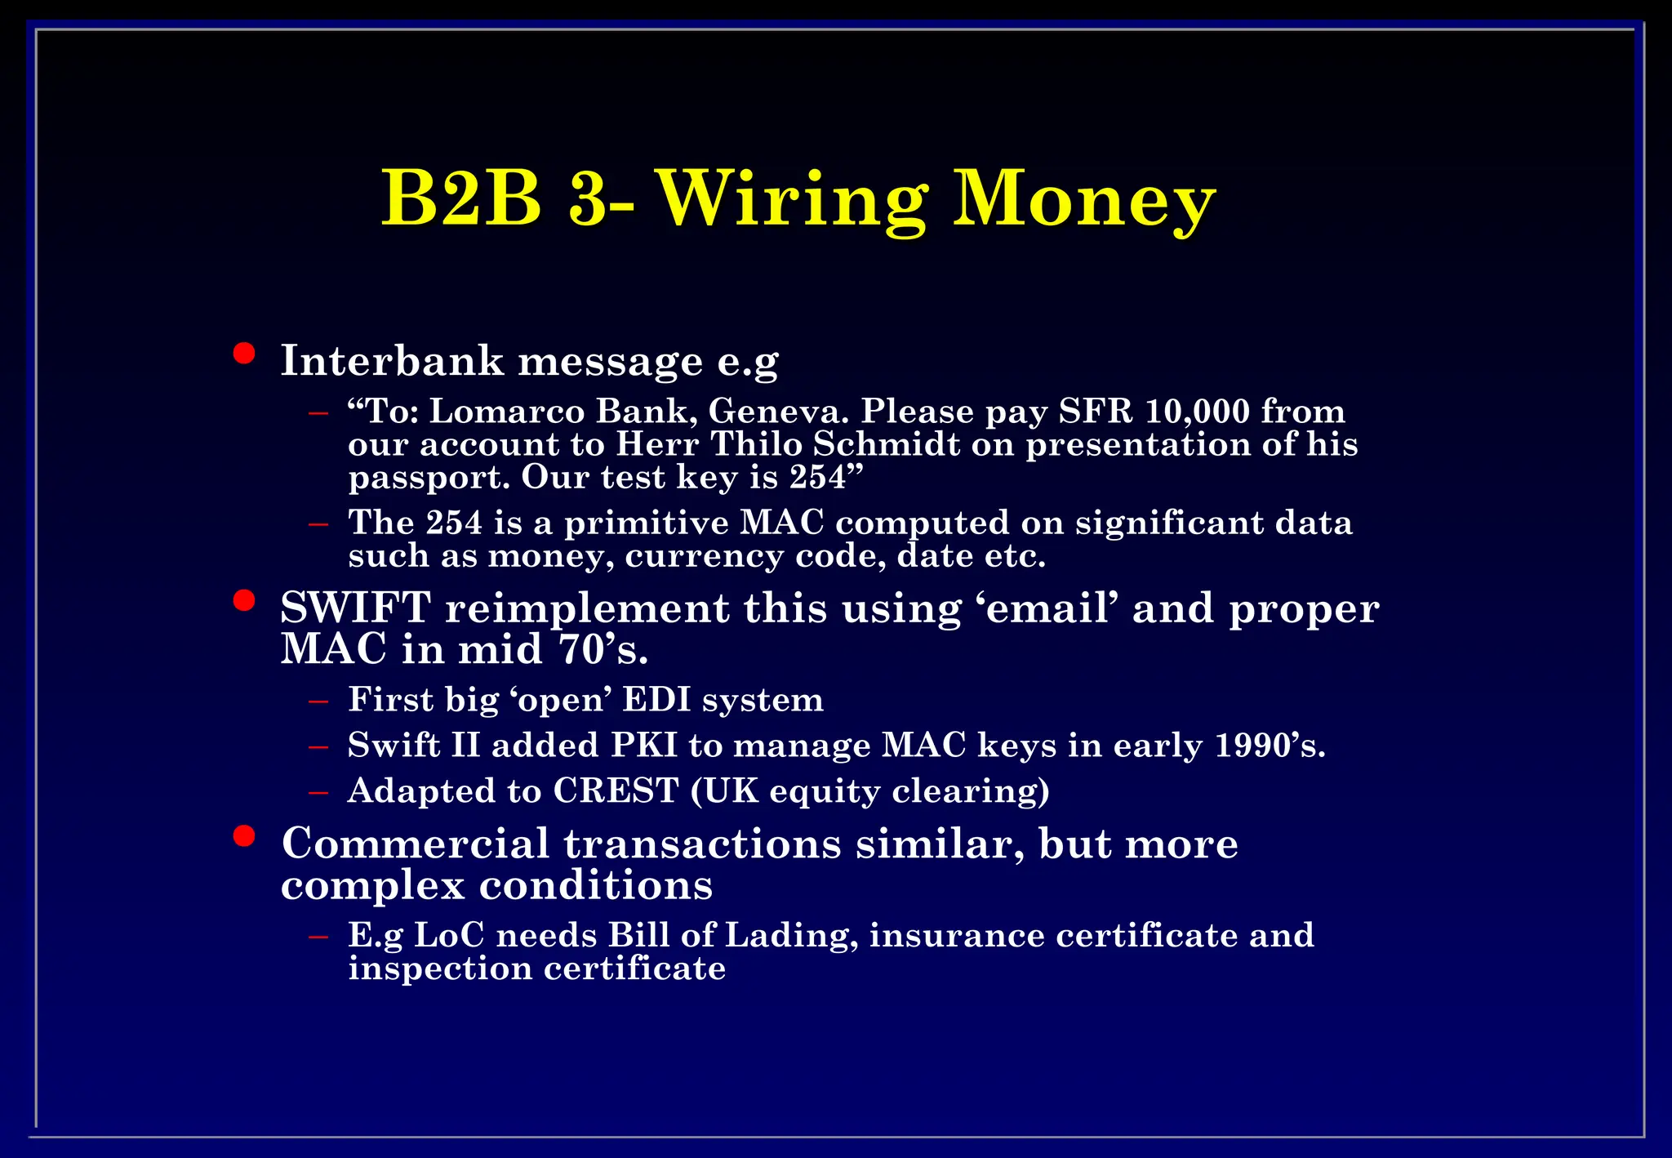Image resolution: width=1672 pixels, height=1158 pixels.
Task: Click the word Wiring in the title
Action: point(792,200)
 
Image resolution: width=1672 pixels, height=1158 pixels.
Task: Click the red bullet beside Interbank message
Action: point(243,354)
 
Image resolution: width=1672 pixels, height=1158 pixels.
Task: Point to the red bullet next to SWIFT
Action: point(243,601)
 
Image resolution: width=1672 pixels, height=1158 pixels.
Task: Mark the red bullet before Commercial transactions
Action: point(243,836)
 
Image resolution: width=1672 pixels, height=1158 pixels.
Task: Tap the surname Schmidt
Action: point(886,444)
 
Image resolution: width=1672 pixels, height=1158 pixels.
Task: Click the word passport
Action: point(429,478)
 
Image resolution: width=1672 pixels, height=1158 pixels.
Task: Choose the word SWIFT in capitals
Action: point(355,608)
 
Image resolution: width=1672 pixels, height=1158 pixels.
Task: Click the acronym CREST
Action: point(616,791)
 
